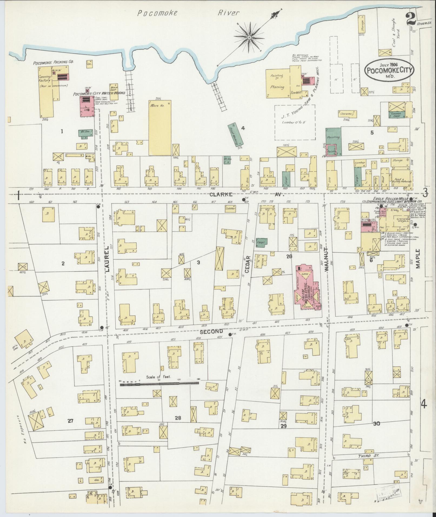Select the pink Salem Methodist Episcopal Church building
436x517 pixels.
coord(307,288)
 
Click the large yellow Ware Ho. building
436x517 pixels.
coord(160,128)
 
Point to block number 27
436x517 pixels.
coord(71,428)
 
